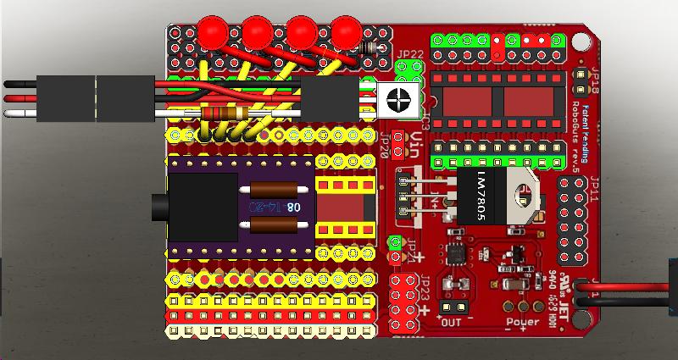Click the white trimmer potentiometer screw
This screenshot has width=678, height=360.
(397, 99)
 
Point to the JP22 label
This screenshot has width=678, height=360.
(410, 55)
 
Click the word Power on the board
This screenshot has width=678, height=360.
(523, 322)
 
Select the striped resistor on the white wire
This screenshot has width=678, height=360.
(224, 114)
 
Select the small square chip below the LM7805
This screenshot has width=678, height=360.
(458, 252)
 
